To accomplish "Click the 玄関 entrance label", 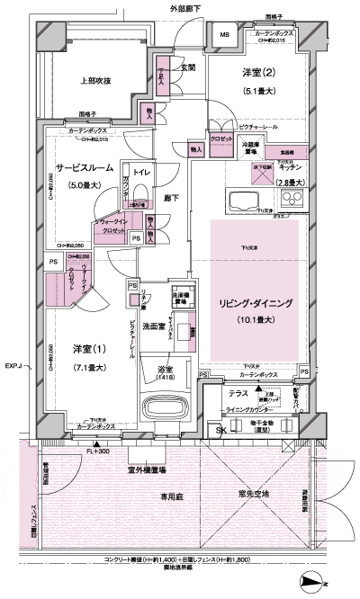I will click(x=187, y=67).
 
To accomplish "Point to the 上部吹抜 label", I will click(x=94, y=81).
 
